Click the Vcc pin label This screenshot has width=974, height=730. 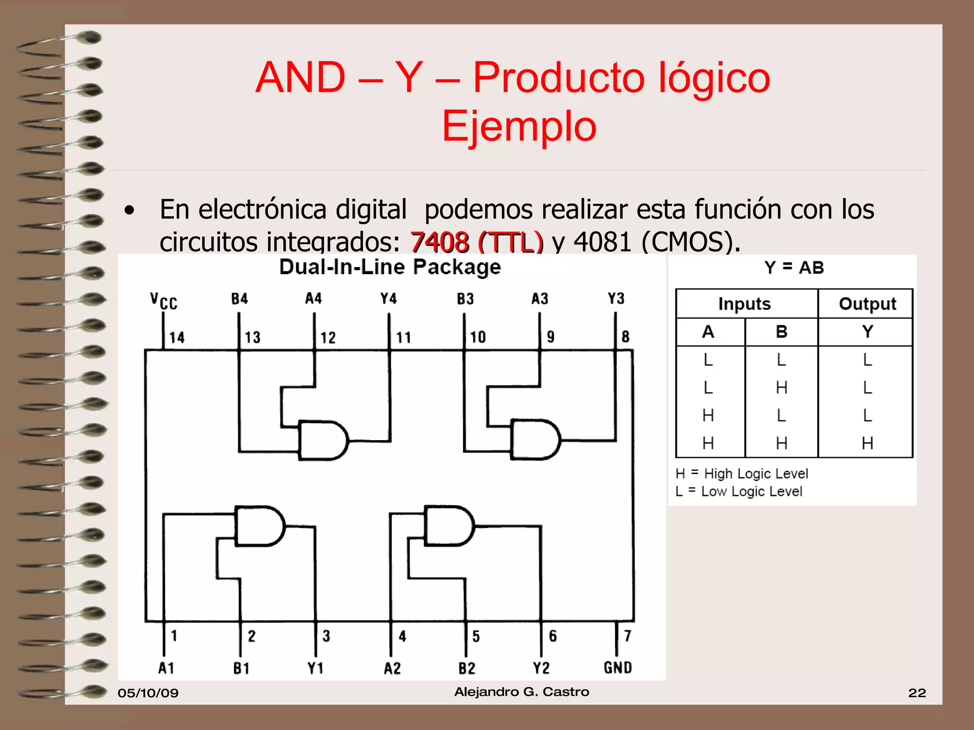pos(164,301)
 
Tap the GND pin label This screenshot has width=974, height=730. pos(617,668)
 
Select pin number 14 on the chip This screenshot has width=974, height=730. pos(177,337)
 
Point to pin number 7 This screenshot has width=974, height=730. pos(627,636)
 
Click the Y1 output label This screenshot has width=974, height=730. pos(315,668)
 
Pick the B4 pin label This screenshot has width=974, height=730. pos(240,299)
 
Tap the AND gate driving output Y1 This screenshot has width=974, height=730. pos(260,526)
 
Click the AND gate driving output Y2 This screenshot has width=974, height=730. pos(449,525)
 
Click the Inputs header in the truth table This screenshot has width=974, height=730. pos(744,304)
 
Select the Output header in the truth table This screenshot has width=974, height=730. pos(867,304)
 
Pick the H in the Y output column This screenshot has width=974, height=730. pos(867,443)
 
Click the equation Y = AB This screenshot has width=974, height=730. pos(794,268)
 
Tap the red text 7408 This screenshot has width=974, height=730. pos(439,242)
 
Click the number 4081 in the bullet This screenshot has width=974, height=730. pos(602,242)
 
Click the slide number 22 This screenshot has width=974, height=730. pos(917,692)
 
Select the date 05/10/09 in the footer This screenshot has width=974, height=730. pos(148,692)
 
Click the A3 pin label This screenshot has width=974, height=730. pos(540,299)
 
